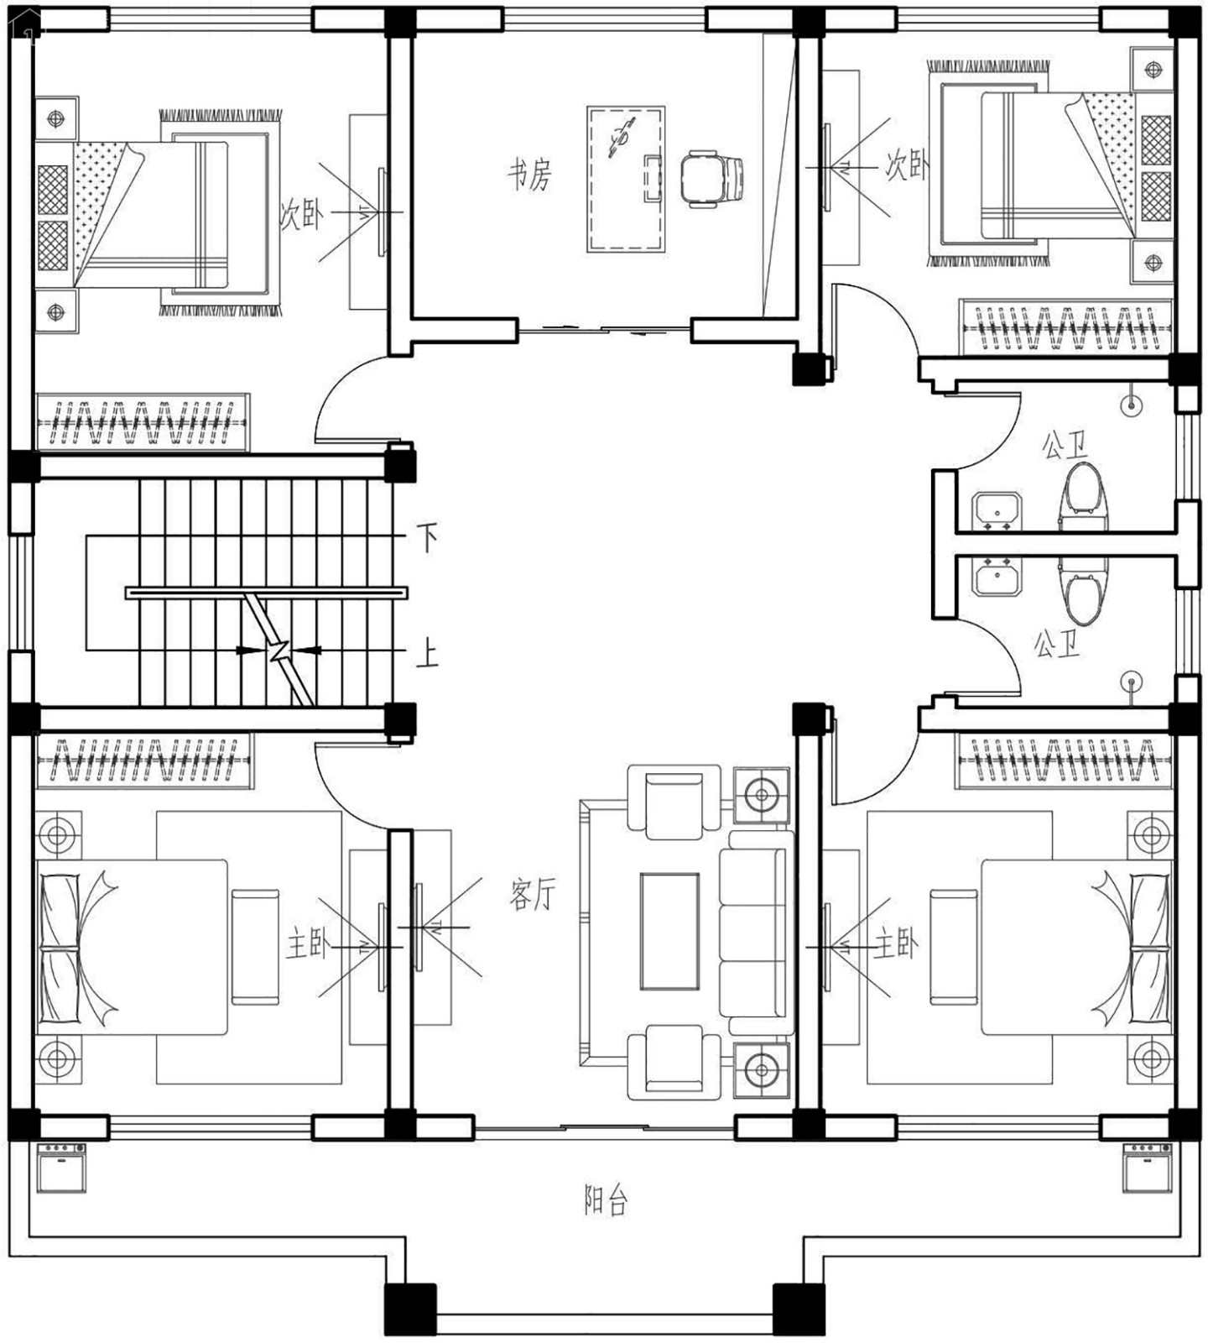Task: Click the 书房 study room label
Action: pos(529,175)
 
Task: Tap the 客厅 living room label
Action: pos(532,895)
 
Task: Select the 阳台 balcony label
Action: pos(606,1200)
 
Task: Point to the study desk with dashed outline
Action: pos(626,179)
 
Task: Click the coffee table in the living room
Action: pos(669,932)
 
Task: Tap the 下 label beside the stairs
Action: pos(428,536)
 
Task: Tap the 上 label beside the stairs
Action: pos(428,653)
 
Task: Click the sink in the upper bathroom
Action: pos(997,512)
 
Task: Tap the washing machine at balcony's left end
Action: pos(61,1168)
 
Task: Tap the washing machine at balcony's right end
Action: pos(1148,1168)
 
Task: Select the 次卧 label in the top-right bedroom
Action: pos(908,166)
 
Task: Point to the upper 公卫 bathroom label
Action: pos(1065,446)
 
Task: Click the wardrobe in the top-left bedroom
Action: pos(143,421)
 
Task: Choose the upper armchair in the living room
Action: pos(674,802)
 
